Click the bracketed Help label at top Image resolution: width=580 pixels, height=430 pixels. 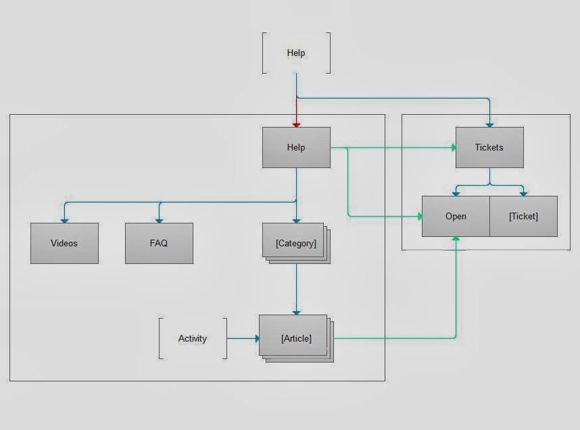pos(296,53)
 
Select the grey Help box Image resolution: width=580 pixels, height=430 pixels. pos(296,147)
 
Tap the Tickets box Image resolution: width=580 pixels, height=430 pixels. pos(489,147)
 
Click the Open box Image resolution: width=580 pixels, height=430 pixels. pos(456,216)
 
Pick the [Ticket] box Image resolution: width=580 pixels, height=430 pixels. pos(523,216)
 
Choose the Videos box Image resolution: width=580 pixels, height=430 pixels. pos(64,243)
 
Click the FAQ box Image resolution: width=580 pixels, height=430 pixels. pos(159,243)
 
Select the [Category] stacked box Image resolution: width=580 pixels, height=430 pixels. pos(296,243)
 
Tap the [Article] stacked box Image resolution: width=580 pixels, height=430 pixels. pos(296,338)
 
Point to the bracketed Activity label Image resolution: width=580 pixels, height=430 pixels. pos(193,338)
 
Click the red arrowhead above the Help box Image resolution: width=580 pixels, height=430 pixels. pos(296,126)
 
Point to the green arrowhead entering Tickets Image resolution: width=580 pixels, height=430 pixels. pos(454,148)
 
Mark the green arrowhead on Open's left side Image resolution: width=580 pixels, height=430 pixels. pos(420,216)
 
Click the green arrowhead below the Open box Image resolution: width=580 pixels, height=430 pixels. pos(456,239)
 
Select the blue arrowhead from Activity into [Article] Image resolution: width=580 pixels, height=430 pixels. pos(258,338)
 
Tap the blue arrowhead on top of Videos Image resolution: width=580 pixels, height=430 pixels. pos(64,221)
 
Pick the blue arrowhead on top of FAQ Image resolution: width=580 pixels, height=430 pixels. pos(159,221)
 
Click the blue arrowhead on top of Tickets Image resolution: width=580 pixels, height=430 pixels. pos(489,126)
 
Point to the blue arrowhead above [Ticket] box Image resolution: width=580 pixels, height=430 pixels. pos(523,194)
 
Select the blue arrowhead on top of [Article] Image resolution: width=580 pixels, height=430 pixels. pos(296,313)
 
